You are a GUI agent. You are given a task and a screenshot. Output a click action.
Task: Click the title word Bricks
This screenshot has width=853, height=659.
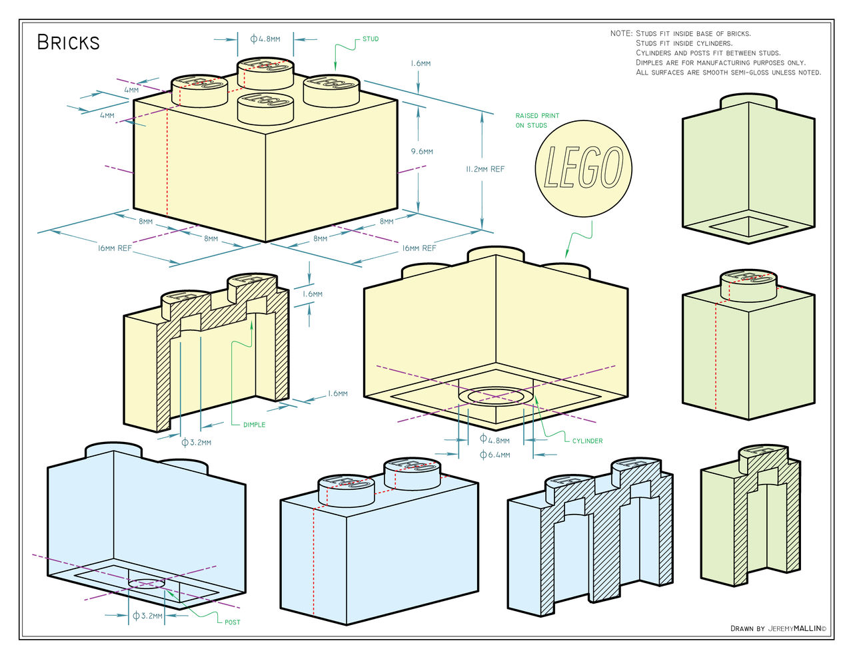[x=68, y=43]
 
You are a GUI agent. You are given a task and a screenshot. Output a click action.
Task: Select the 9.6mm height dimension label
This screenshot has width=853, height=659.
[x=422, y=152]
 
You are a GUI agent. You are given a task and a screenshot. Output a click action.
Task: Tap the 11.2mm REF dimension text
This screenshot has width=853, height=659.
[x=485, y=169]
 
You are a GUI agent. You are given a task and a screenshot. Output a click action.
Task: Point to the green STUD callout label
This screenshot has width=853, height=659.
[x=371, y=39]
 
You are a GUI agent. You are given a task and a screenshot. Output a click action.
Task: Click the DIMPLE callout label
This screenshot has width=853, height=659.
[x=254, y=425]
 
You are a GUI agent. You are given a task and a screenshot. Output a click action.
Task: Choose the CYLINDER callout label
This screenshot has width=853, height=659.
[x=587, y=441]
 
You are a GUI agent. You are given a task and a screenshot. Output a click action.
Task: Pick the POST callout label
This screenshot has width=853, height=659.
[x=232, y=622]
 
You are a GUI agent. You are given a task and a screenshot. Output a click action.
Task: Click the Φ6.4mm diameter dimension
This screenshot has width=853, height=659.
[x=494, y=455]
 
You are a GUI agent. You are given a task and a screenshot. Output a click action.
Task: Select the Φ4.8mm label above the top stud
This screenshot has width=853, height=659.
[x=265, y=39]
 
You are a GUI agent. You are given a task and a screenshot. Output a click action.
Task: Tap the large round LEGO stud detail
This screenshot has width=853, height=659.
[x=583, y=168]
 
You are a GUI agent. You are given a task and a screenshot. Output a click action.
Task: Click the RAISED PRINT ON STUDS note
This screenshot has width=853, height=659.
[x=536, y=120]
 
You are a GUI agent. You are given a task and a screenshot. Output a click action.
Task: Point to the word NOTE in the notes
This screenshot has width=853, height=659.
[x=620, y=33]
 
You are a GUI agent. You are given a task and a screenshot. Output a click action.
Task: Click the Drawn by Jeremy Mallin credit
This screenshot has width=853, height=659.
[x=778, y=628]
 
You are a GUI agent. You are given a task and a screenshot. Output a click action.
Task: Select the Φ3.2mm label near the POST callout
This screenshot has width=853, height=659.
[x=147, y=616]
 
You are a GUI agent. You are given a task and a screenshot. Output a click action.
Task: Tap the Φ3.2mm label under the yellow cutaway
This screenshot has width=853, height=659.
[x=196, y=442]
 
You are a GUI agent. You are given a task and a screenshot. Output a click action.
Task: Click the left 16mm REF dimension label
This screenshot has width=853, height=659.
[x=115, y=248]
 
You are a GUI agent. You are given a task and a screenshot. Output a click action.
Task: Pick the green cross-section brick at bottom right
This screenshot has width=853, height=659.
[x=750, y=519]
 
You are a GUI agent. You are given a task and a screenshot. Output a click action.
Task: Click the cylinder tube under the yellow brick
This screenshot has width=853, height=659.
[x=495, y=397]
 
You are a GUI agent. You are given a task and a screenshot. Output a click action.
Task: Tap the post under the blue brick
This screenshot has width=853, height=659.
[x=147, y=584]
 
